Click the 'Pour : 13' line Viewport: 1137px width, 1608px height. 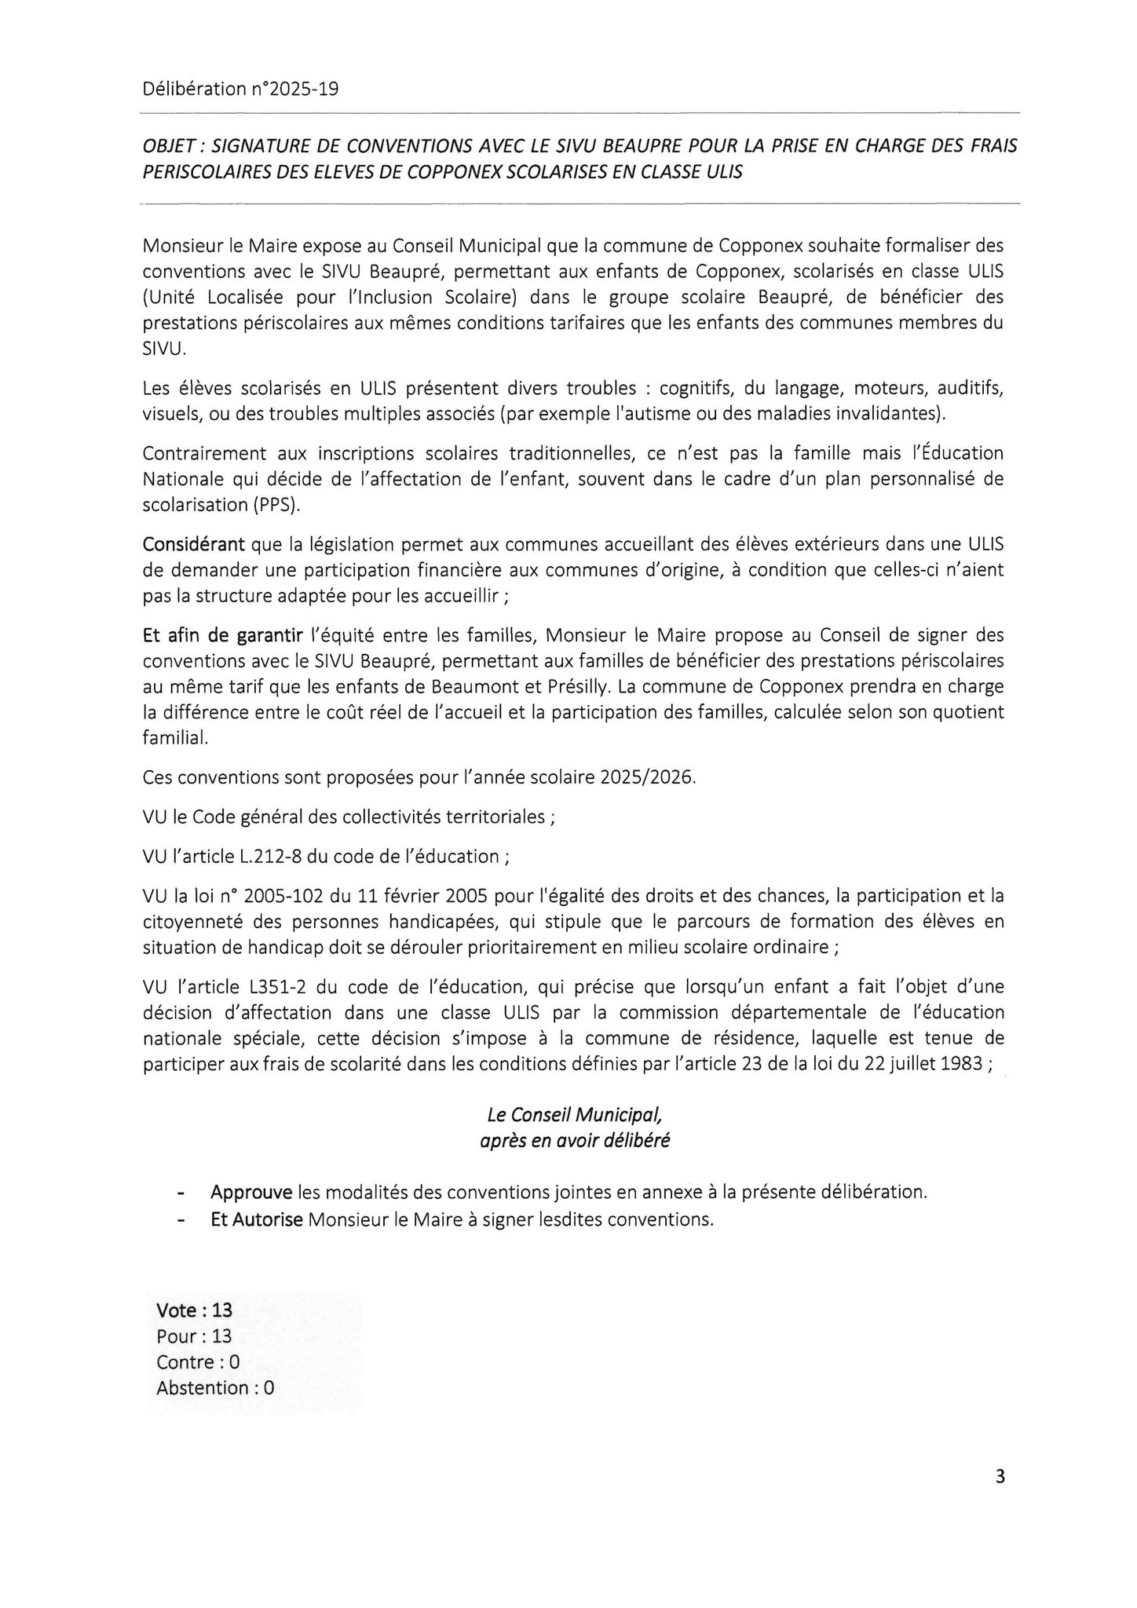pyautogui.click(x=194, y=1336)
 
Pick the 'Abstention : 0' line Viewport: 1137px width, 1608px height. pyautogui.click(x=215, y=1387)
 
